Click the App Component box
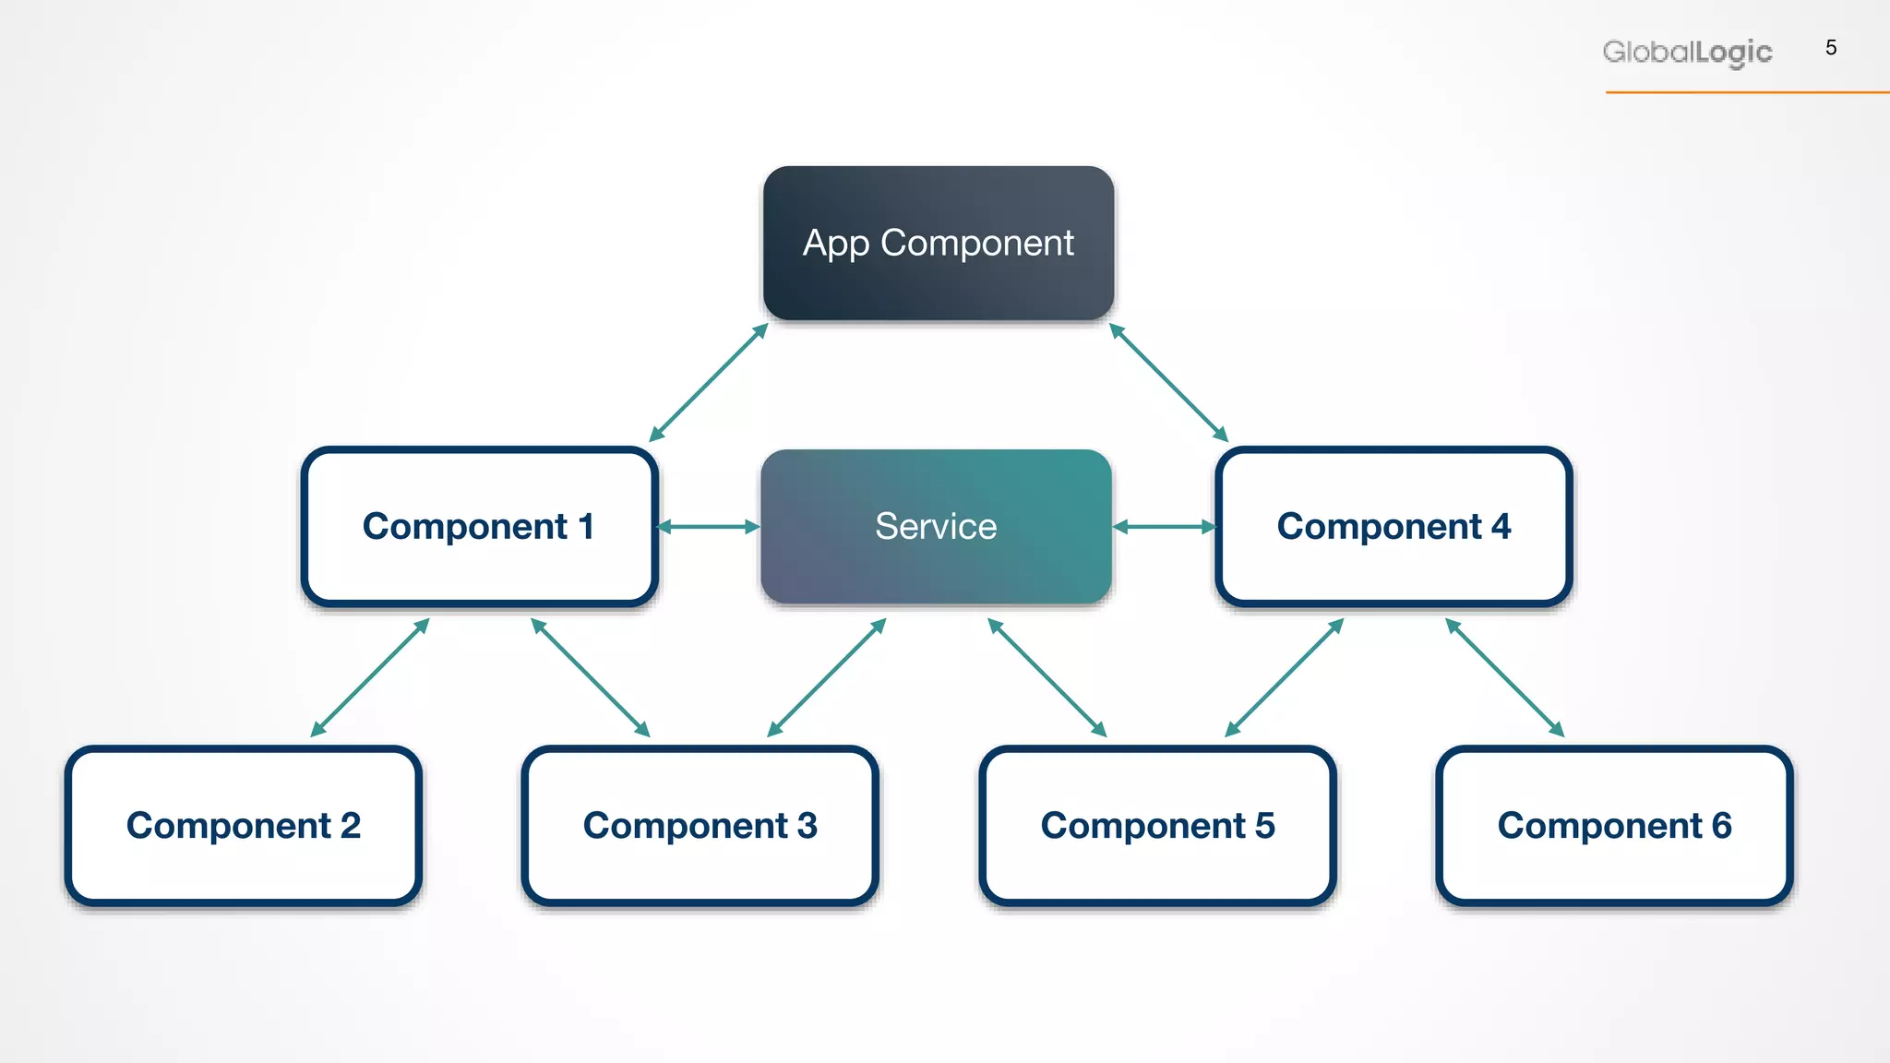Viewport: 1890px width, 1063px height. point(938,244)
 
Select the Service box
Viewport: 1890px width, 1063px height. point(936,527)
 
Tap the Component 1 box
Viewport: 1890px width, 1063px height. point(479,527)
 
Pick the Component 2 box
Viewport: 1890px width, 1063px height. point(244,826)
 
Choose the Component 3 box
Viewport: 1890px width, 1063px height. point(700,826)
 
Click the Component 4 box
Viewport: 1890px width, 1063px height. point(1394,527)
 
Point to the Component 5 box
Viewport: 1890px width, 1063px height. point(1157,826)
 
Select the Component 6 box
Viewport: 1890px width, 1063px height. point(1614,826)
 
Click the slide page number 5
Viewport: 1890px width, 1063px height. point(1831,48)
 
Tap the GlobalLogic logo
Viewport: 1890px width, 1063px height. point(1687,53)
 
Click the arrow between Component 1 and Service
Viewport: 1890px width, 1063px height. point(708,527)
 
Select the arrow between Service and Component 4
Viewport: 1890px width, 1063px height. point(1165,527)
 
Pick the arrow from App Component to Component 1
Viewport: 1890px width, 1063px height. point(709,383)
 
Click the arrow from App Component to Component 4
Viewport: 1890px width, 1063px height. point(1168,383)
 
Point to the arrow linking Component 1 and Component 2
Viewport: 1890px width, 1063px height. point(370,677)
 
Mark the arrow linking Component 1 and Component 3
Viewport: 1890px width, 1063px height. point(591,677)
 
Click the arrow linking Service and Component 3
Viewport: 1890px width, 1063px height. point(827,677)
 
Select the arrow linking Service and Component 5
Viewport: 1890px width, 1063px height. point(1047,677)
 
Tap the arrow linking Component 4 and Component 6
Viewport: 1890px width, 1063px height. point(1504,677)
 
